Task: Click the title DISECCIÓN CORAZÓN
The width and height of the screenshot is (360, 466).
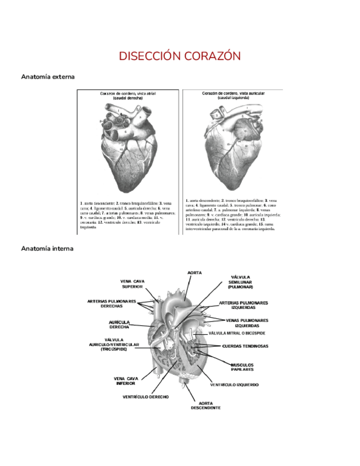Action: (180, 56)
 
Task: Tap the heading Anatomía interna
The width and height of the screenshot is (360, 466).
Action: (47, 248)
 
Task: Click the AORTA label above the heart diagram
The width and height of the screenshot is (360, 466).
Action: (195, 273)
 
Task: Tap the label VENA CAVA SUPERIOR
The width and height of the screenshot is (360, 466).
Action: (132, 284)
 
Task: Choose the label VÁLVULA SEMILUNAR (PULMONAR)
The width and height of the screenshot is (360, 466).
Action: (240, 282)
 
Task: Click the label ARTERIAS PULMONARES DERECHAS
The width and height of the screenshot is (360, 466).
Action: (112, 303)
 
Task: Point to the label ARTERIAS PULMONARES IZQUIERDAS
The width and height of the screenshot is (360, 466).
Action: (243, 305)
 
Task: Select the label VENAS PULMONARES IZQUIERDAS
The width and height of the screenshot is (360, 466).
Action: (247, 323)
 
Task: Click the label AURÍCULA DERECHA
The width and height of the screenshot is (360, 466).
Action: (119, 324)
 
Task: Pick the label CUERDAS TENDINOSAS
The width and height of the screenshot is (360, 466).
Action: (245, 346)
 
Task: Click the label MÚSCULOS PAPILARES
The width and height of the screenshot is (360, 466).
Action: (242, 367)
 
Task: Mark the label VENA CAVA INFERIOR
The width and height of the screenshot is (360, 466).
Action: (126, 381)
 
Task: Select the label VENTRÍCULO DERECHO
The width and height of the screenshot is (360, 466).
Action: (146, 397)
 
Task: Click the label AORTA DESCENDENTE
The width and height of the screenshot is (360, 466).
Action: (206, 406)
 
